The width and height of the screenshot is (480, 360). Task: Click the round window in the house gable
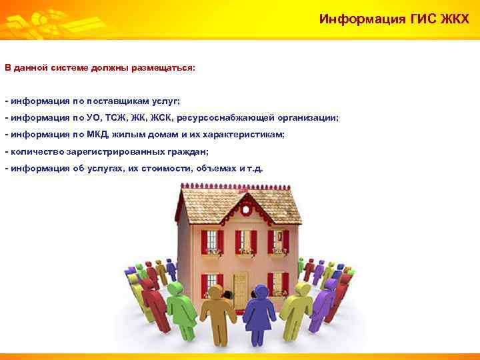247,209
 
